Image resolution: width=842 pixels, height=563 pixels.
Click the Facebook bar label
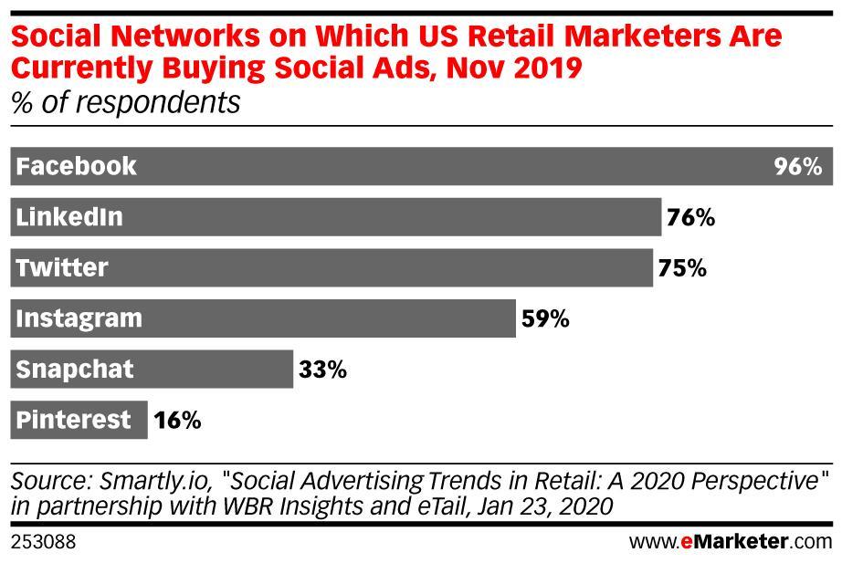click(x=77, y=167)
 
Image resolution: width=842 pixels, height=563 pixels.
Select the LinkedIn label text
click(x=69, y=218)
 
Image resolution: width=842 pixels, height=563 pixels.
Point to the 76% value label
click(x=690, y=218)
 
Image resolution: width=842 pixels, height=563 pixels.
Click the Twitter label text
click(x=62, y=268)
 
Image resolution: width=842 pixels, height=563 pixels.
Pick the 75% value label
click(x=681, y=268)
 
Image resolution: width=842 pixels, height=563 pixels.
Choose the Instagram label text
click(x=79, y=319)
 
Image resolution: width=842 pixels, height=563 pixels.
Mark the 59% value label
click(x=545, y=319)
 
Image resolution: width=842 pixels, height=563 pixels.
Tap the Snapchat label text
click(x=75, y=370)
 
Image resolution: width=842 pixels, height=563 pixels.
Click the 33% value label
click(x=322, y=370)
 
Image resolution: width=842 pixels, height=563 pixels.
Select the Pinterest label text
click(x=74, y=421)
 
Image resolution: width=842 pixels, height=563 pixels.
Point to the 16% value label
click(x=176, y=421)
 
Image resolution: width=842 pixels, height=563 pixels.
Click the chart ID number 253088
click(x=43, y=542)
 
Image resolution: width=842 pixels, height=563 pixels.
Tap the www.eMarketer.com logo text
click(x=731, y=542)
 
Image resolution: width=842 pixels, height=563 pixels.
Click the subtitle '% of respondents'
click(x=126, y=102)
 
